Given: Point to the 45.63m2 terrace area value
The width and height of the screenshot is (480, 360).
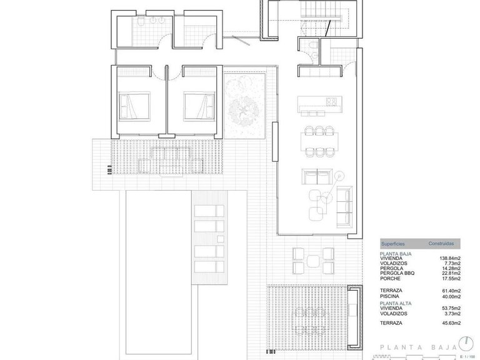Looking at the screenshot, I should point(451,322).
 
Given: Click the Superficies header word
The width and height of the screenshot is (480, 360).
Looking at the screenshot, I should point(393,243).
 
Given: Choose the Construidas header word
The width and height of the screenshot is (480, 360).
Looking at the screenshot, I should point(441,243).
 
